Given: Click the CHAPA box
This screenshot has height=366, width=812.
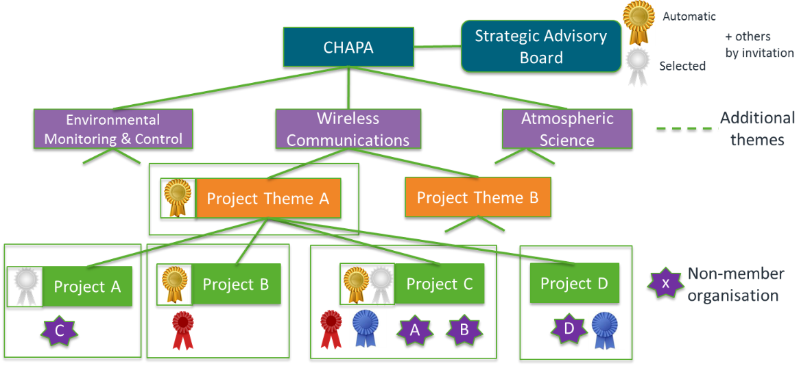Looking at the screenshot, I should (x=348, y=47).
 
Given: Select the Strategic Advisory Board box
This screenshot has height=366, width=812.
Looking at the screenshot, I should (x=540, y=46).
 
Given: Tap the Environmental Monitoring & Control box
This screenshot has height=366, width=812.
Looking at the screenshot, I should (x=113, y=129).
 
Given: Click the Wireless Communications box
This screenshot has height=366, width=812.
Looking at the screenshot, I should (x=348, y=129).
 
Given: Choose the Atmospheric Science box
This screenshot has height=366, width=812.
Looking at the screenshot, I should (x=566, y=129).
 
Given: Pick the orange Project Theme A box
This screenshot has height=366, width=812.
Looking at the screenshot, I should (x=268, y=199).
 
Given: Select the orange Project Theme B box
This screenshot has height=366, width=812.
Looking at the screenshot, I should (x=477, y=197).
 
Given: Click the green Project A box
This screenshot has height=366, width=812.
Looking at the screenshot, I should (x=87, y=286).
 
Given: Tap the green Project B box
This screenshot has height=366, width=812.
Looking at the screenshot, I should (x=235, y=283).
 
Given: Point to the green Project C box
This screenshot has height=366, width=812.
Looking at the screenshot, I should (x=440, y=284).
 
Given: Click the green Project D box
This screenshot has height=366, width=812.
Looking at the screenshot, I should (x=574, y=283).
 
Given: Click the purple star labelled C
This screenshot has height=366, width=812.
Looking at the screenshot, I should (x=60, y=333).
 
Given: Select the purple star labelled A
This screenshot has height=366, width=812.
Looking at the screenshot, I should (x=413, y=331).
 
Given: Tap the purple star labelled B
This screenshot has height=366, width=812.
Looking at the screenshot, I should (x=464, y=331).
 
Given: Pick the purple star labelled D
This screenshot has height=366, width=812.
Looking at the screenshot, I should (x=569, y=329).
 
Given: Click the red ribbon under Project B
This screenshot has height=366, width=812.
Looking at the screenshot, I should (x=182, y=330).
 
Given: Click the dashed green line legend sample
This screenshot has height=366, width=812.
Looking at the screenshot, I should (x=685, y=127).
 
